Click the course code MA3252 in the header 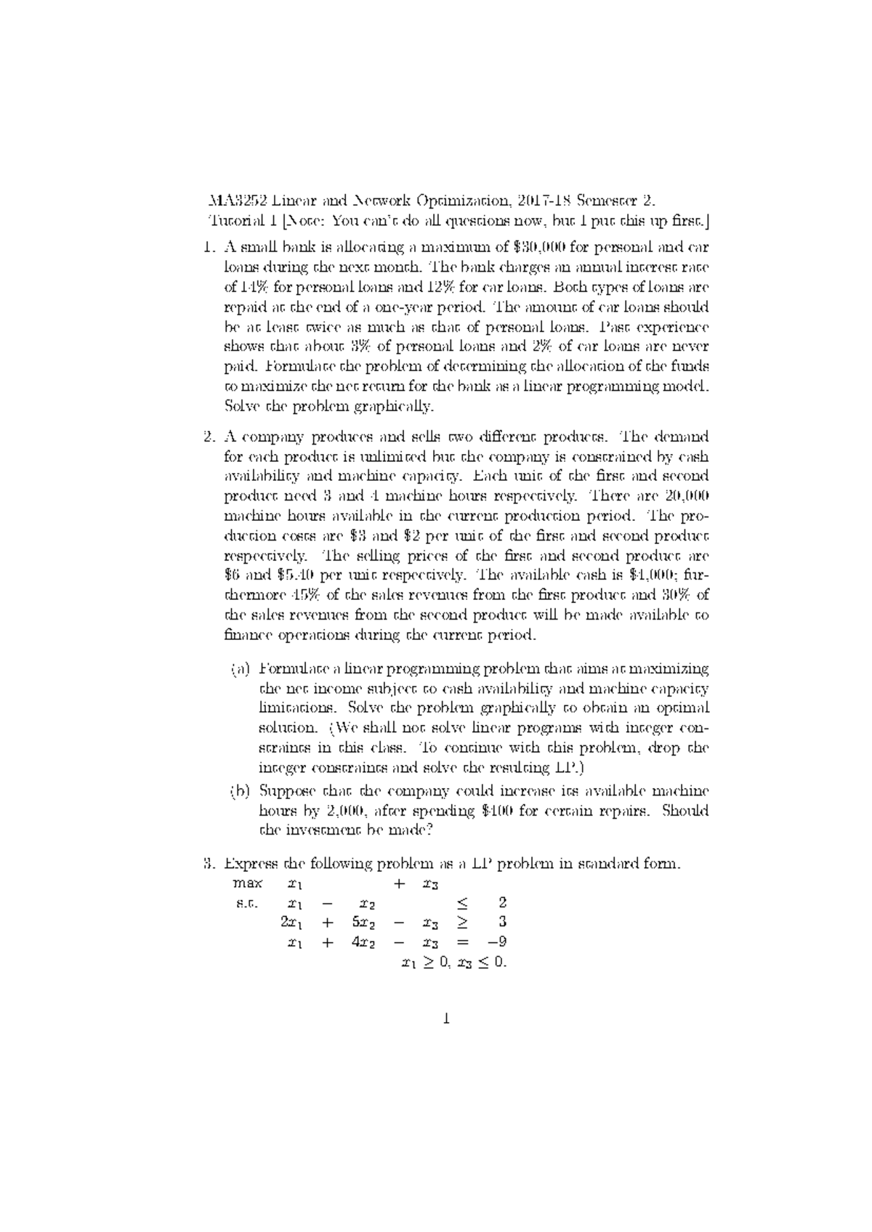233,200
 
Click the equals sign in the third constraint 463,942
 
